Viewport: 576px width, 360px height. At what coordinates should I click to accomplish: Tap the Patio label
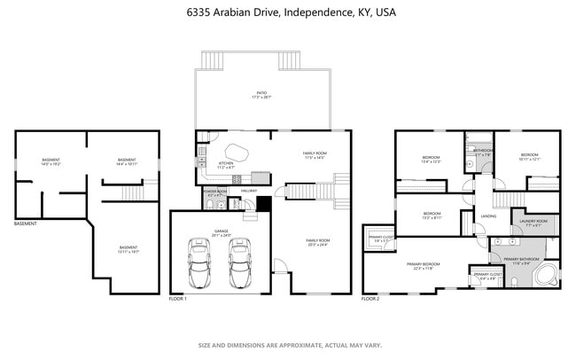(x=261, y=94)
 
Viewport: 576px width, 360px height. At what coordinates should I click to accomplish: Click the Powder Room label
(x=215, y=192)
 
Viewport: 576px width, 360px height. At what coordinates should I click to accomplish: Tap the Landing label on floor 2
(x=488, y=215)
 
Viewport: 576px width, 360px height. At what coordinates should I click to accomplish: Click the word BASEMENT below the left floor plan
(x=26, y=223)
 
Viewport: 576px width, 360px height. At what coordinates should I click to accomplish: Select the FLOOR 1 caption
(x=178, y=299)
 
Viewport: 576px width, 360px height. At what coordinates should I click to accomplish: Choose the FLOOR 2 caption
(x=370, y=299)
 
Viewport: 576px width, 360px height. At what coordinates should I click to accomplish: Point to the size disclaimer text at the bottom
(x=288, y=345)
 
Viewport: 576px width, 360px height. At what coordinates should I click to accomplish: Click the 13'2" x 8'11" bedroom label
(x=432, y=215)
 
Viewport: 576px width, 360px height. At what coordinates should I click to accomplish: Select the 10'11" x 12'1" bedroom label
(x=530, y=157)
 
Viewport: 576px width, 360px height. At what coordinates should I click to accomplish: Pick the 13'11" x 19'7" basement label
(x=128, y=249)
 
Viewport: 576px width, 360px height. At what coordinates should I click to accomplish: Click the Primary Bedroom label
(x=424, y=266)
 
